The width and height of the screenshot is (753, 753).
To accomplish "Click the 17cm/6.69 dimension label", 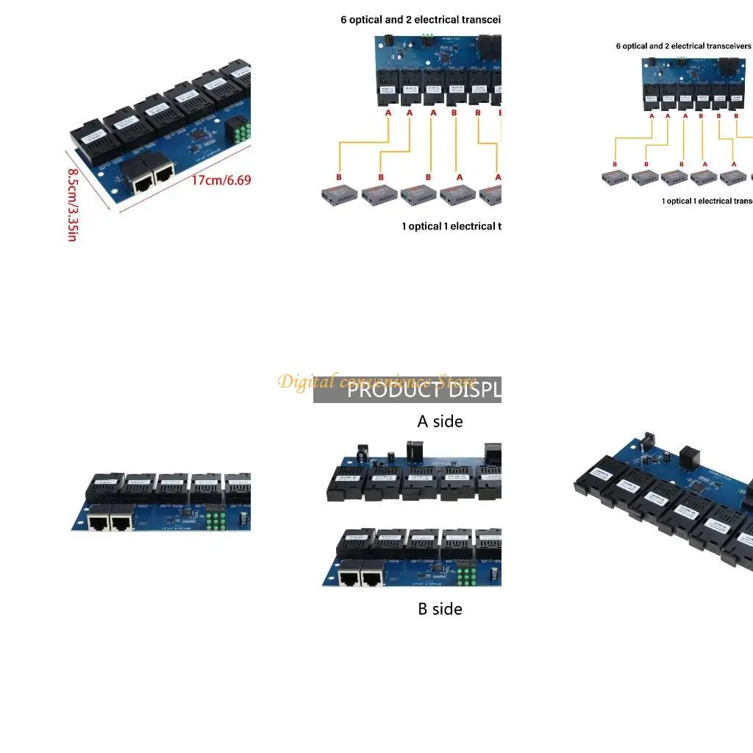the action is pyautogui.click(x=221, y=179).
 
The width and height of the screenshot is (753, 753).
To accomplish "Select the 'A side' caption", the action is pyautogui.click(x=440, y=421).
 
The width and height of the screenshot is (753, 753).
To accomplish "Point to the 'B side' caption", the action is pyautogui.click(x=440, y=609).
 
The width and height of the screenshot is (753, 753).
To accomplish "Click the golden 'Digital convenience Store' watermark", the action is pyautogui.click(x=377, y=382).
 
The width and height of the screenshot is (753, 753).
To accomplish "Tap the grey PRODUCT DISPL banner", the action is pyautogui.click(x=407, y=390).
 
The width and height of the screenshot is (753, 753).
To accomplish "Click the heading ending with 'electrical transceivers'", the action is pyautogui.click(x=683, y=46).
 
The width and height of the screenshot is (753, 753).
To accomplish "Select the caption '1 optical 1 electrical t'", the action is pyautogui.click(x=451, y=226).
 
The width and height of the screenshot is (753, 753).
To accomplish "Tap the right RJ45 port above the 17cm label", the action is pyautogui.click(x=163, y=172).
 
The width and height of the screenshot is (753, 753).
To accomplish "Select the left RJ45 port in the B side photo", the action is pyautogui.click(x=351, y=578).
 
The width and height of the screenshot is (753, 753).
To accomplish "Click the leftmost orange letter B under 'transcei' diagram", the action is pyautogui.click(x=339, y=177).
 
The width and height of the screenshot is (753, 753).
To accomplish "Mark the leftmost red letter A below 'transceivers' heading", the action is pyautogui.click(x=652, y=115).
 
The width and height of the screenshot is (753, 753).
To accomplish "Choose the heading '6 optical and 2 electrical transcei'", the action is pyautogui.click(x=420, y=20).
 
